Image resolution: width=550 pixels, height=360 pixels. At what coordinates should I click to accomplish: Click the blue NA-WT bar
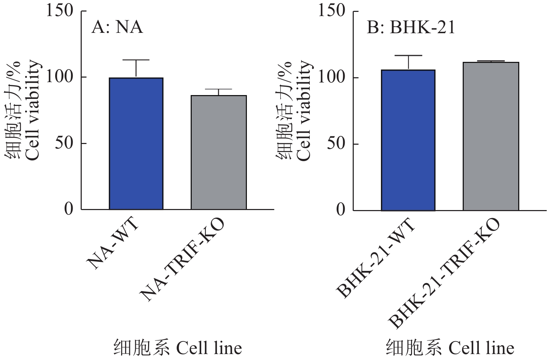pyautogui.click(x=136, y=143)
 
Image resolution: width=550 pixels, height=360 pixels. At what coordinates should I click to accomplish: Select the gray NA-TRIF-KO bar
pyautogui.click(x=219, y=152)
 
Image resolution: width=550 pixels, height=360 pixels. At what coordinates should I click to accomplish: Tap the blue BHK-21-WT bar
pyautogui.click(x=408, y=140)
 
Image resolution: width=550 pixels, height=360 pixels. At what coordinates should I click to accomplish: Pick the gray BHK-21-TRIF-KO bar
pyautogui.click(x=491, y=136)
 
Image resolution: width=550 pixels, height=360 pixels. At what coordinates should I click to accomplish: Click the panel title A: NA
pyautogui.click(x=117, y=27)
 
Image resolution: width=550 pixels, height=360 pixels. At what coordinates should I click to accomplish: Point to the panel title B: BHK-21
pyautogui.click(x=411, y=27)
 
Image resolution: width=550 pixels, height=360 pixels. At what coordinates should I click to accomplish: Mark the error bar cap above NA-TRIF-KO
pyautogui.click(x=219, y=89)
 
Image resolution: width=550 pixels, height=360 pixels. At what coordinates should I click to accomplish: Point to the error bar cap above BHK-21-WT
pyautogui.click(x=408, y=56)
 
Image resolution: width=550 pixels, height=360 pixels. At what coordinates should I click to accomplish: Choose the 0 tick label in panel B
pyautogui.click(x=340, y=210)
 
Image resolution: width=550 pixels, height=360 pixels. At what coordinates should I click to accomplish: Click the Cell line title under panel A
pyautogui.click(x=177, y=348)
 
